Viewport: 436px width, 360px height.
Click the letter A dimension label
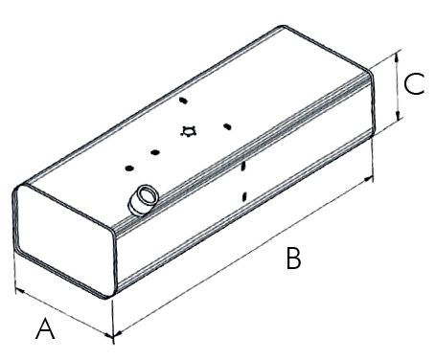pos(45,328)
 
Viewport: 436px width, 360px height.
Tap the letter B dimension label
pos(293,259)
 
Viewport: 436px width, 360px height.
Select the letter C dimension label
pos(414,84)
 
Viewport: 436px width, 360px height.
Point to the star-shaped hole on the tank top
pos(188,131)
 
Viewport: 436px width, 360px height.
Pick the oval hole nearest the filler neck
pos(129,169)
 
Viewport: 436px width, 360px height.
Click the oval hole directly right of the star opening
pos(227,126)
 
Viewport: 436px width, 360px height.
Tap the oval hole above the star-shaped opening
pos(183,101)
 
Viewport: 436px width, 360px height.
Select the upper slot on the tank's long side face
pos(243,167)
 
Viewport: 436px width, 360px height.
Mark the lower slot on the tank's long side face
pos(244,196)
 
